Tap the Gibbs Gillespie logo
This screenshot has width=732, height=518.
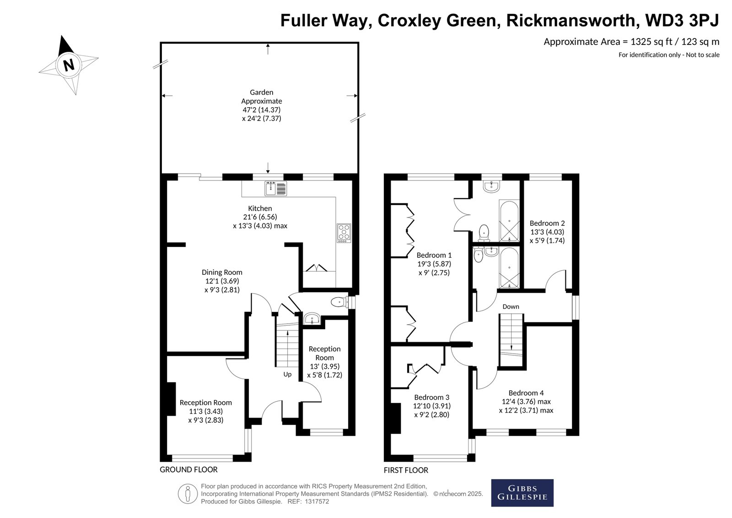[x=522, y=493]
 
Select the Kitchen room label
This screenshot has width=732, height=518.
[x=260, y=208]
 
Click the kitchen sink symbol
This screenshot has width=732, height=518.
[x=275, y=188]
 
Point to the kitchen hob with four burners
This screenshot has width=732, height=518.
[x=344, y=233]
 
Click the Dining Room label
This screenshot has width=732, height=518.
[x=222, y=273]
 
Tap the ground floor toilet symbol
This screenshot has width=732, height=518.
[x=339, y=302]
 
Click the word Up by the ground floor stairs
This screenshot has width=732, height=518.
[x=287, y=374]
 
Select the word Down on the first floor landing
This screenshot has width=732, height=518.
[x=511, y=306]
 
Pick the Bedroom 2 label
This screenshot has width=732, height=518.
[x=547, y=224]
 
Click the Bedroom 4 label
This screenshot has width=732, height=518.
[x=526, y=393]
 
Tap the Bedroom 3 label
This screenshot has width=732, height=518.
[x=431, y=398]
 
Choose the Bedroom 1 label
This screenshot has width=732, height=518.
[x=434, y=255]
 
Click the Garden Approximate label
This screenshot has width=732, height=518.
[x=261, y=97]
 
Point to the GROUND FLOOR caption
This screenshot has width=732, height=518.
[x=188, y=469]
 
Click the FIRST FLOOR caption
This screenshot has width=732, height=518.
[x=406, y=470]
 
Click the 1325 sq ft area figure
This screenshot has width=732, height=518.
[x=651, y=42]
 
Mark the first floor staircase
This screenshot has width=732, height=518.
[x=511, y=339]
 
